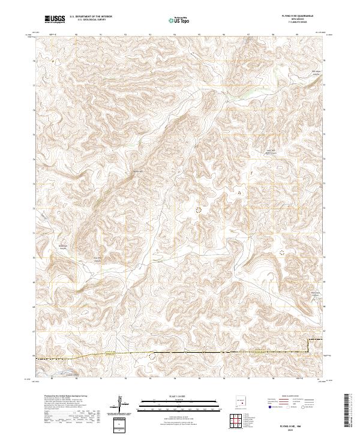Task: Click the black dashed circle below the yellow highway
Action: pyautogui.click(x=151, y=356)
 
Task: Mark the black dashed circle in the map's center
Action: pyautogui.click(x=198, y=209)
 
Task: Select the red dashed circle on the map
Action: pyautogui.click(x=281, y=253)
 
